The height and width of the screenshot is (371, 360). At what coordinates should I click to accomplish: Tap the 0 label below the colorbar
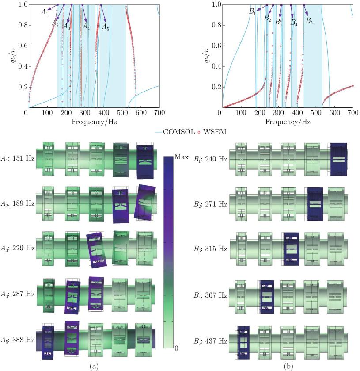click(x=177, y=349)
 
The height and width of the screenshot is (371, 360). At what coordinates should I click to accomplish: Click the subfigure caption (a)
click(x=94, y=366)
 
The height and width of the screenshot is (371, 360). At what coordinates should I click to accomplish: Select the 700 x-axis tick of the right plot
click(x=352, y=113)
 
